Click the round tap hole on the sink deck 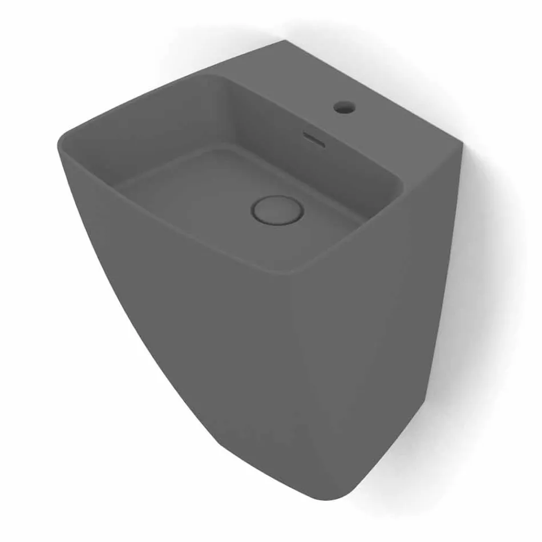[344, 107]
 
